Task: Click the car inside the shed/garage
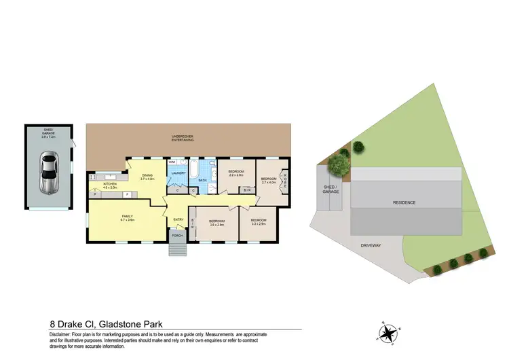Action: pyautogui.click(x=48, y=173)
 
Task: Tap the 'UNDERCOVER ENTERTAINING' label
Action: pyautogui.click(x=183, y=138)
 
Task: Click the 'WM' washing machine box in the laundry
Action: pyautogui.click(x=172, y=163)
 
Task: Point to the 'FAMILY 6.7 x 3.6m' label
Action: pyautogui.click(x=128, y=219)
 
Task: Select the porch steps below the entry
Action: pyautogui.click(x=177, y=248)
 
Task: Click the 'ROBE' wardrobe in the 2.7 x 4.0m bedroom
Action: pyautogui.click(x=285, y=183)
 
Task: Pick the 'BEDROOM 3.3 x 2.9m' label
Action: pyautogui.click(x=259, y=221)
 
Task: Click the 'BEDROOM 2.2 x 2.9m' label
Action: pyautogui.click(x=236, y=173)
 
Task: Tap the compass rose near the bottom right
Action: pyautogui.click(x=389, y=332)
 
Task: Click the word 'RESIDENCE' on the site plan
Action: pyautogui.click(x=403, y=202)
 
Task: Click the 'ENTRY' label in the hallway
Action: pyautogui.click(x=178, y=219)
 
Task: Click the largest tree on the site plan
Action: pyautogui.click(x=336, y=164)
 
